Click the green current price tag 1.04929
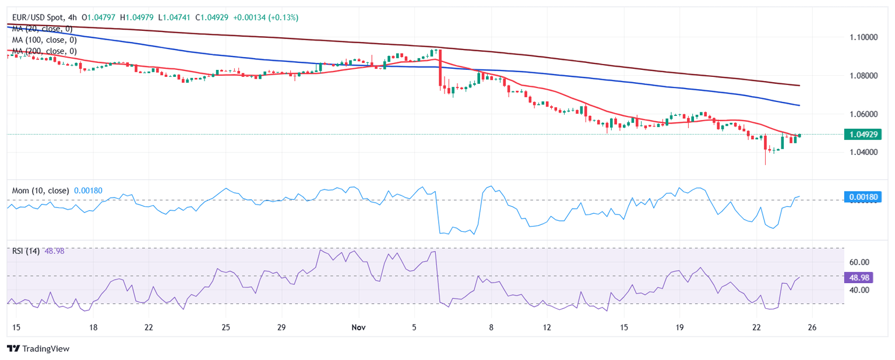click(x=863, y=135)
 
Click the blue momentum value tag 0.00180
click(x=863, y=197)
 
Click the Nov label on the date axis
click(x=359, y=327)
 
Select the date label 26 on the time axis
click(x=812, y=327)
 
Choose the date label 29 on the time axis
click(x=281, y=327)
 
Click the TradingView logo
click(x=38, y=348)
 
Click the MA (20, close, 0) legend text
click(x=42, y=29)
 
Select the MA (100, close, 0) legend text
click(x=44, y=40)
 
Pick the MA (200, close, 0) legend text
click(x=44, y=51)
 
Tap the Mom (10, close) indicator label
click(x=40, y=190)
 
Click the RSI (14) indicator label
click(x=26, y=250)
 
